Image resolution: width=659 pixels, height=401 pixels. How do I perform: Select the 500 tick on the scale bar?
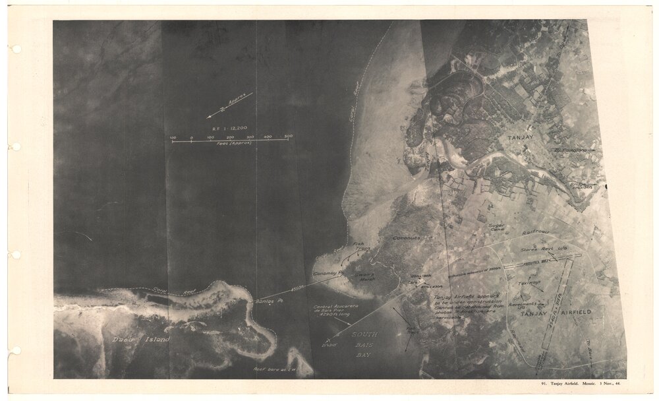click(288, 138)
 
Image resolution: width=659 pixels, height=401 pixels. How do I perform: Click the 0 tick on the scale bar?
click(191, 138)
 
